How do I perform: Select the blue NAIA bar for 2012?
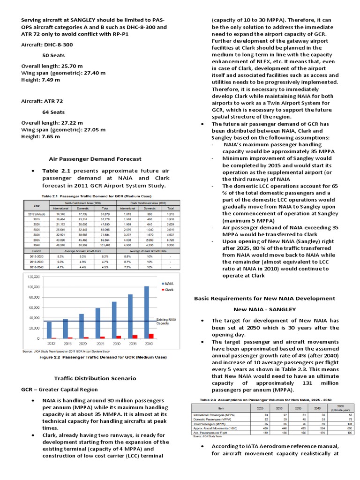49,330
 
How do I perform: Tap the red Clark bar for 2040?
150,336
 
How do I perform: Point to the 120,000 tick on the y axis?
33,277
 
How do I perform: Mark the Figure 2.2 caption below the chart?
100,357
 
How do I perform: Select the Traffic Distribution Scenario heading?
95,378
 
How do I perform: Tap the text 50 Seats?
53,55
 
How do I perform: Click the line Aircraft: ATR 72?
42,101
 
